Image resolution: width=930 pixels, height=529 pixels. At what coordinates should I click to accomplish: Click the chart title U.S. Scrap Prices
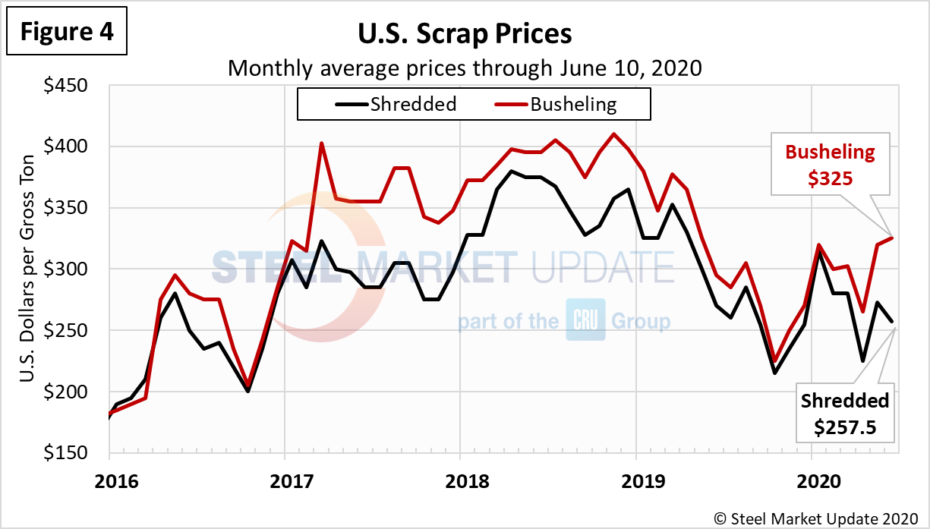465,34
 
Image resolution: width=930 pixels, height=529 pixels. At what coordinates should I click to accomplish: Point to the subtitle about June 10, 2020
465,68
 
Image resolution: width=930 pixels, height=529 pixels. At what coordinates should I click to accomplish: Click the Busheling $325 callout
830,164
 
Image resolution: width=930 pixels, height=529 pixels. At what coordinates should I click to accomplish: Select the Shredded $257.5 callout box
845,414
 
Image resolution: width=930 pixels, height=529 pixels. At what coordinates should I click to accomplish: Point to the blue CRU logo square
585,320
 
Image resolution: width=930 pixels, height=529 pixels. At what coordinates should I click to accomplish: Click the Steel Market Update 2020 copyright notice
816,518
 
